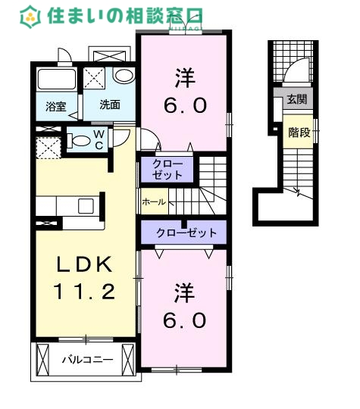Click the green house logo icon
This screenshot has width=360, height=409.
(31, 14)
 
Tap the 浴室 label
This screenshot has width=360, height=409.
(54, 106)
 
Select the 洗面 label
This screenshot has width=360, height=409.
(110, 105)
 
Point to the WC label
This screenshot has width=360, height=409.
(99, 139)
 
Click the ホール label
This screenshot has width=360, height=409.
(154, 203)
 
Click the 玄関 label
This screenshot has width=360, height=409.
(297, 98)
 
